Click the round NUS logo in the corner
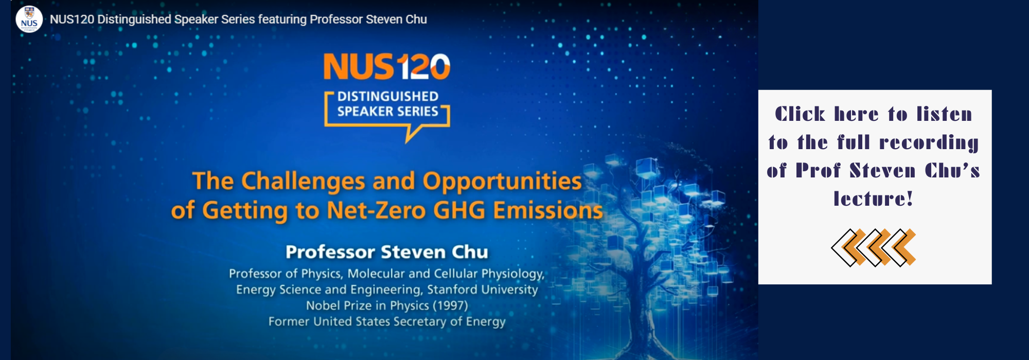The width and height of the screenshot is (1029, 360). (29, 19)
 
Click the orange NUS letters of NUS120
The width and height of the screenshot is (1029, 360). (359, 67)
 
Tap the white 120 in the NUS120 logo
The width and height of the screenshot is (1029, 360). (423, 67)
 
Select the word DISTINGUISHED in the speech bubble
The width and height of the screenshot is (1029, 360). (388, 96)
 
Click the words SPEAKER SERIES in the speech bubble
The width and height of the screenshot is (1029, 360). (388, 111)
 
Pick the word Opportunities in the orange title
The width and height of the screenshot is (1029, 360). (502, 182)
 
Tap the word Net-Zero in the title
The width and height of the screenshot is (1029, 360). (377, 210)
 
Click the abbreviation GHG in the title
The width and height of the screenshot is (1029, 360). (459, 210)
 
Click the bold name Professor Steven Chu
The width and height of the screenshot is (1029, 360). (387, 252)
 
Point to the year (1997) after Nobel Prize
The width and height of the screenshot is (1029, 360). (450, 305)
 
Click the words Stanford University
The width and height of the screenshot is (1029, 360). (483, 290)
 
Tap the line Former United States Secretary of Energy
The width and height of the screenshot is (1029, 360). (387, 321)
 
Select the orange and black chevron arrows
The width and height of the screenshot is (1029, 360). (874, 247)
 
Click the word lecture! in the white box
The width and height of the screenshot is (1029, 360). (874, 199)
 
